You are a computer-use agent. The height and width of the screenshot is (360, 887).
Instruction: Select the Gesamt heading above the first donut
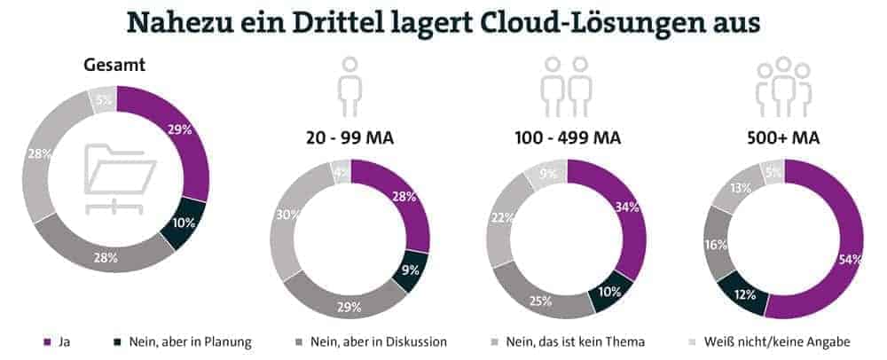(114, 66)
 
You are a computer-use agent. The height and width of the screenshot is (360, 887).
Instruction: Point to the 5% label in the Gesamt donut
(104, 100)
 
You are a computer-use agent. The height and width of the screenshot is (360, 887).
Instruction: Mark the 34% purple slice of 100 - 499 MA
(628, 209)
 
